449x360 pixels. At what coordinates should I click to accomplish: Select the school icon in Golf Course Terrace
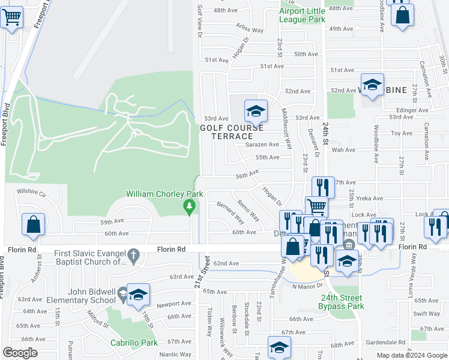coord(256,111)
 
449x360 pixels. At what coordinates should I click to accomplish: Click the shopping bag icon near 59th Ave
coord(34,225)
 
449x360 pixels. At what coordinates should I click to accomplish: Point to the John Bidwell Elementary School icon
coord(137,295)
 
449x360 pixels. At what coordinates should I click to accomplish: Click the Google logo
coord(20,353)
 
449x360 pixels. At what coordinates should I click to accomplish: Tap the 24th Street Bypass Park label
coord(342,302)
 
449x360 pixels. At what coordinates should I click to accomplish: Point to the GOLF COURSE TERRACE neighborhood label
coord(232,132)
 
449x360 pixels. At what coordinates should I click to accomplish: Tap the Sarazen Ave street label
coord(262,145)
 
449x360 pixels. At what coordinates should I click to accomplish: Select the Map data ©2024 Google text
coord(412,355)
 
